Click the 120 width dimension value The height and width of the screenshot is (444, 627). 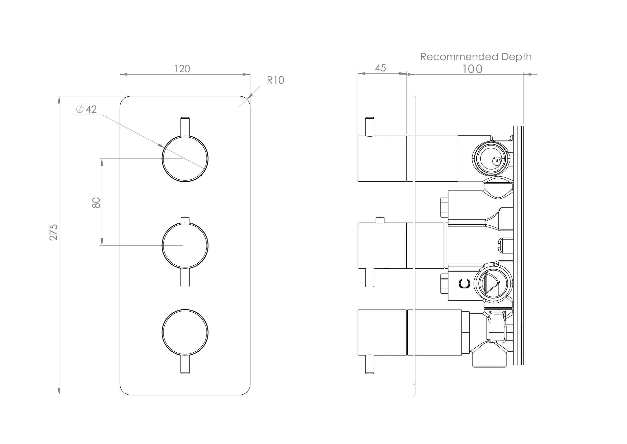tap(182, 69)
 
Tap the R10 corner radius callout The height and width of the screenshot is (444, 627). tap(275, 80)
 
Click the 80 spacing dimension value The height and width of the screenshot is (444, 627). tap(96, 203)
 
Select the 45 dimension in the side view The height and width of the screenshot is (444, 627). tap(380, 68)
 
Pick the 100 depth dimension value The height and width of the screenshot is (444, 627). tap(472, 69)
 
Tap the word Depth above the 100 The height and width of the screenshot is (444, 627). tap(516, 57)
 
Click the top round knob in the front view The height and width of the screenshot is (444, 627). tap(185, 159)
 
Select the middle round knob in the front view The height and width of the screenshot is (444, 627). tap(185, 245)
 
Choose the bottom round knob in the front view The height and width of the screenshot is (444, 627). tap(185, 332)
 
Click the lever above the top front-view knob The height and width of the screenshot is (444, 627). tap(185, 126)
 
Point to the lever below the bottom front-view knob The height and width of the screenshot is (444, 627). tap(185, 365)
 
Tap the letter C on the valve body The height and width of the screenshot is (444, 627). tap(464, 284)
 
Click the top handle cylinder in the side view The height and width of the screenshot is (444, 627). tap(382, 158)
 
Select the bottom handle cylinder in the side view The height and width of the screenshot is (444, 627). tap(382, 332)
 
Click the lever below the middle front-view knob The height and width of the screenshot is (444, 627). tap(185, 278)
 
